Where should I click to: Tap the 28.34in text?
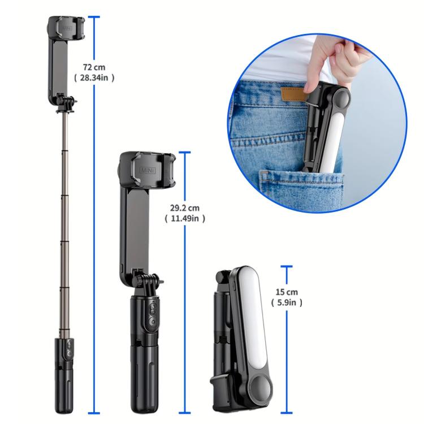[95, 78]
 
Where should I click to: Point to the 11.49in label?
[184, 218]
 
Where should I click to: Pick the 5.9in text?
[287, 302]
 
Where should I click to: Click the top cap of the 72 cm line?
[94, 18]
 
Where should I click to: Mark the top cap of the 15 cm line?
[287, 267]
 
